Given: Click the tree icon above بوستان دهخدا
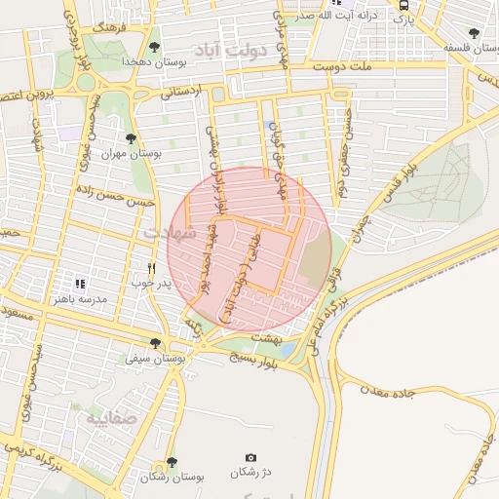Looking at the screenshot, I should [155, 45].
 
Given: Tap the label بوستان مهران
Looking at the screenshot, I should [130, 154].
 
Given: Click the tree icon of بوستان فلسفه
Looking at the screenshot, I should [474, 32].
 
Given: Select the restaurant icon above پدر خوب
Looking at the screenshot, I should [151, 268].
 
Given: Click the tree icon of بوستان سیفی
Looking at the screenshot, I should [155, 343].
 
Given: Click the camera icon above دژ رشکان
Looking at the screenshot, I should [250, 457].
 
